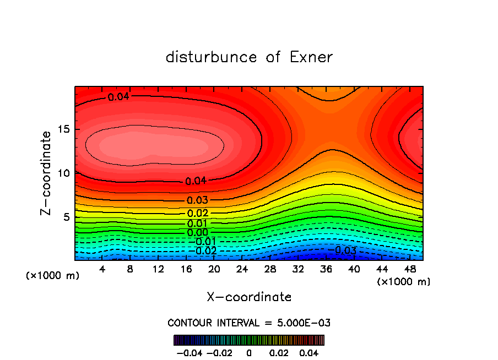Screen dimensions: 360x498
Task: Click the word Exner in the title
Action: point(311,57)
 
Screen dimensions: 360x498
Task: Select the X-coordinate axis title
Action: point(249,297)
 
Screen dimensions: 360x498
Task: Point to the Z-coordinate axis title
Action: point(47,173)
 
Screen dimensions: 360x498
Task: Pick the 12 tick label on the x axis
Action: point(158,269)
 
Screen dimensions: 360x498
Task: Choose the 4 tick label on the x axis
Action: point(102,269)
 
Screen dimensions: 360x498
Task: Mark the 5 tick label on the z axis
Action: point(64,217)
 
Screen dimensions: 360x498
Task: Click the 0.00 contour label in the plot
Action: point(198,233)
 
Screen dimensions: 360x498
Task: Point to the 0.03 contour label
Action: point(197,200)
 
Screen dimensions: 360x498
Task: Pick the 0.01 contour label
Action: point(197,223)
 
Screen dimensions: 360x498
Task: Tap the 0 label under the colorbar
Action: point(249,352)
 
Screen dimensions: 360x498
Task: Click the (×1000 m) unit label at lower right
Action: point(403,282)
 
